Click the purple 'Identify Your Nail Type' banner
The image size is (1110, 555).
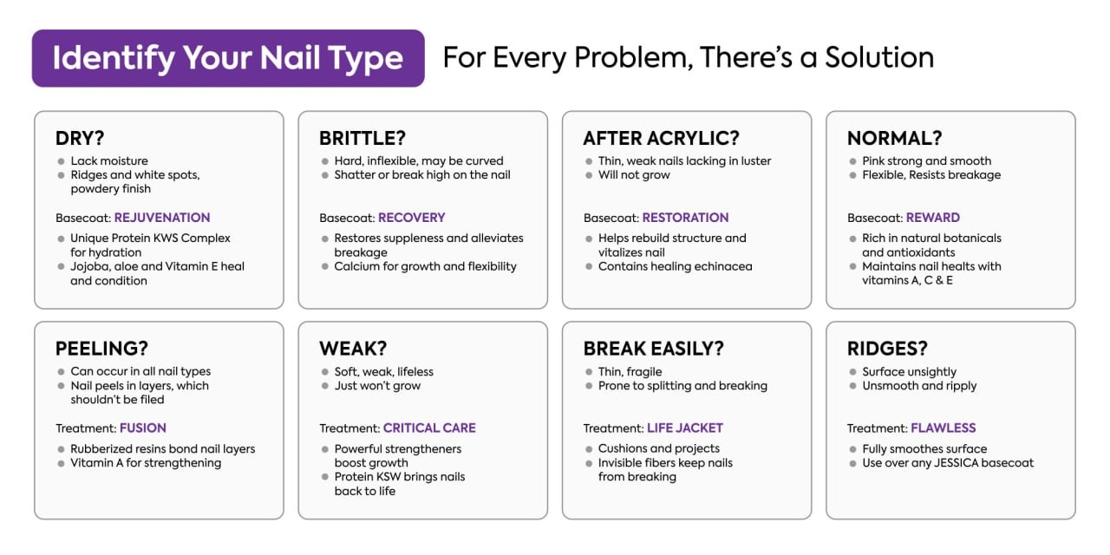click(228, 58)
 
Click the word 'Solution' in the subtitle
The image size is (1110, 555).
click(879, 57)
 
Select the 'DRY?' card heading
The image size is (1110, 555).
click(80, 138)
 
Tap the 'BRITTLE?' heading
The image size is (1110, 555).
click(362, 138)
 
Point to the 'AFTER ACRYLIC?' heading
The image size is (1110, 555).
click(661, 138)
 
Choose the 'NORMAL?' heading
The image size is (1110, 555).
click(894, 138)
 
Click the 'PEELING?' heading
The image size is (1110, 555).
click(101, 349)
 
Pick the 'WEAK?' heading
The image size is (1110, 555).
click(353, 349)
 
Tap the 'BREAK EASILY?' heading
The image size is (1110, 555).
click(654, 349)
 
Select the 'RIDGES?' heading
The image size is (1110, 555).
click(887, 349)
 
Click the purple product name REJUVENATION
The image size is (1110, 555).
click(162, 218)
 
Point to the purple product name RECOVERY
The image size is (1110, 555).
click(411, 218)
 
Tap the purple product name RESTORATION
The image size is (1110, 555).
click(685, 218)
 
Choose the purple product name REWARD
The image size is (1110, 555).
click(932, 218)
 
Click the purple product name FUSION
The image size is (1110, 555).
click(143, 428)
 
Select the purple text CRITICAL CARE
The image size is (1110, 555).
click(429, 428)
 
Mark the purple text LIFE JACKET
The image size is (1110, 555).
click(685, 428)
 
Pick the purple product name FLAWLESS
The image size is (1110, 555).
click(943, 428)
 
